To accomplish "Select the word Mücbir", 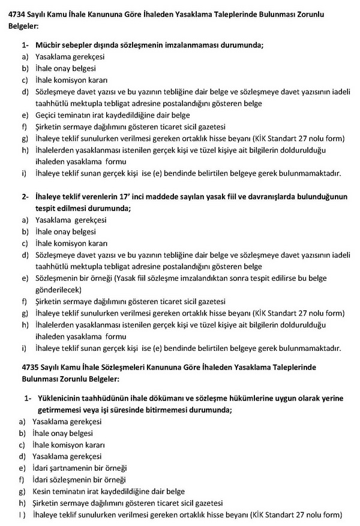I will click(x=48, y=46).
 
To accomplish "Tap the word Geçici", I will click(x=47, y=115).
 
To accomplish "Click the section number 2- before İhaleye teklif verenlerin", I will click(x=25, y=197).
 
